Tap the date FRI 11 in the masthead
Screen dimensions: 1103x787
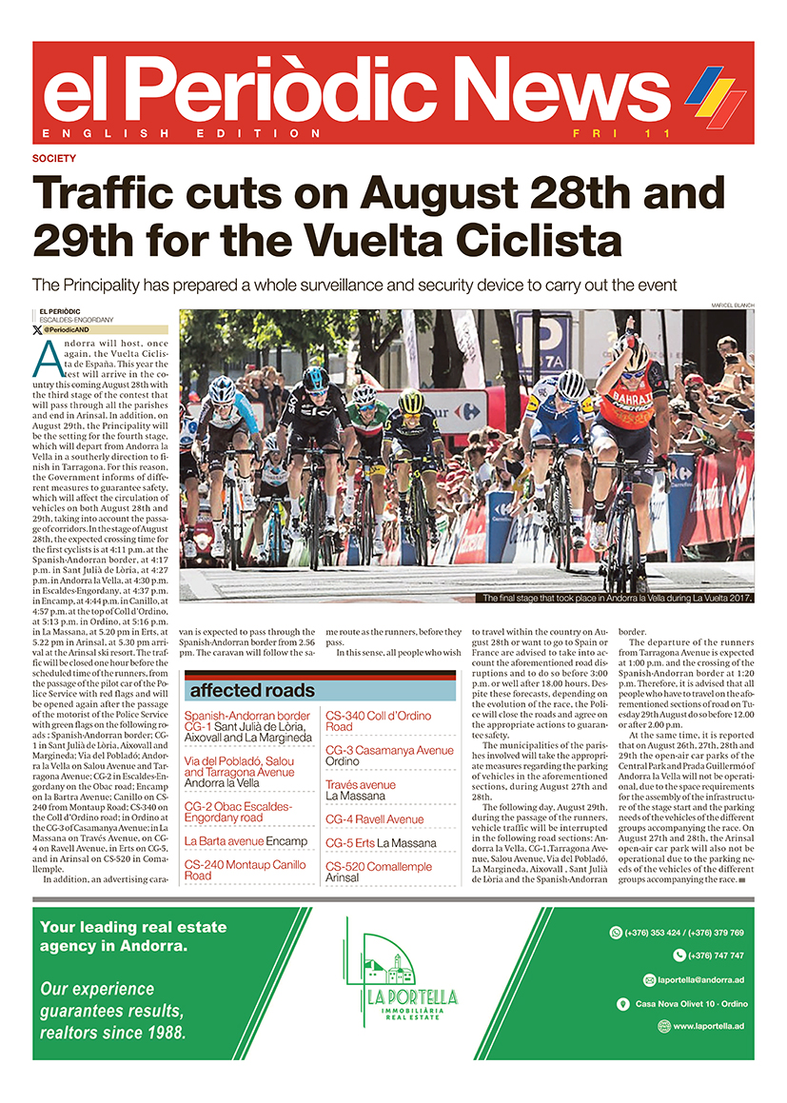[x=608, y=133]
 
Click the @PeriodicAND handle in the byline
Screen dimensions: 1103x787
[x=66, y=329]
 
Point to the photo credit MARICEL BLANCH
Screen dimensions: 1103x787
[x=732, y=305]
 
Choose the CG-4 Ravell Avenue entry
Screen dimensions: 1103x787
[x=375, y=818]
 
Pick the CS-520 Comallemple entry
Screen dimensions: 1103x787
[x=378, y=872]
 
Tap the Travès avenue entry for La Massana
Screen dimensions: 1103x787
[x=362, y=789]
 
